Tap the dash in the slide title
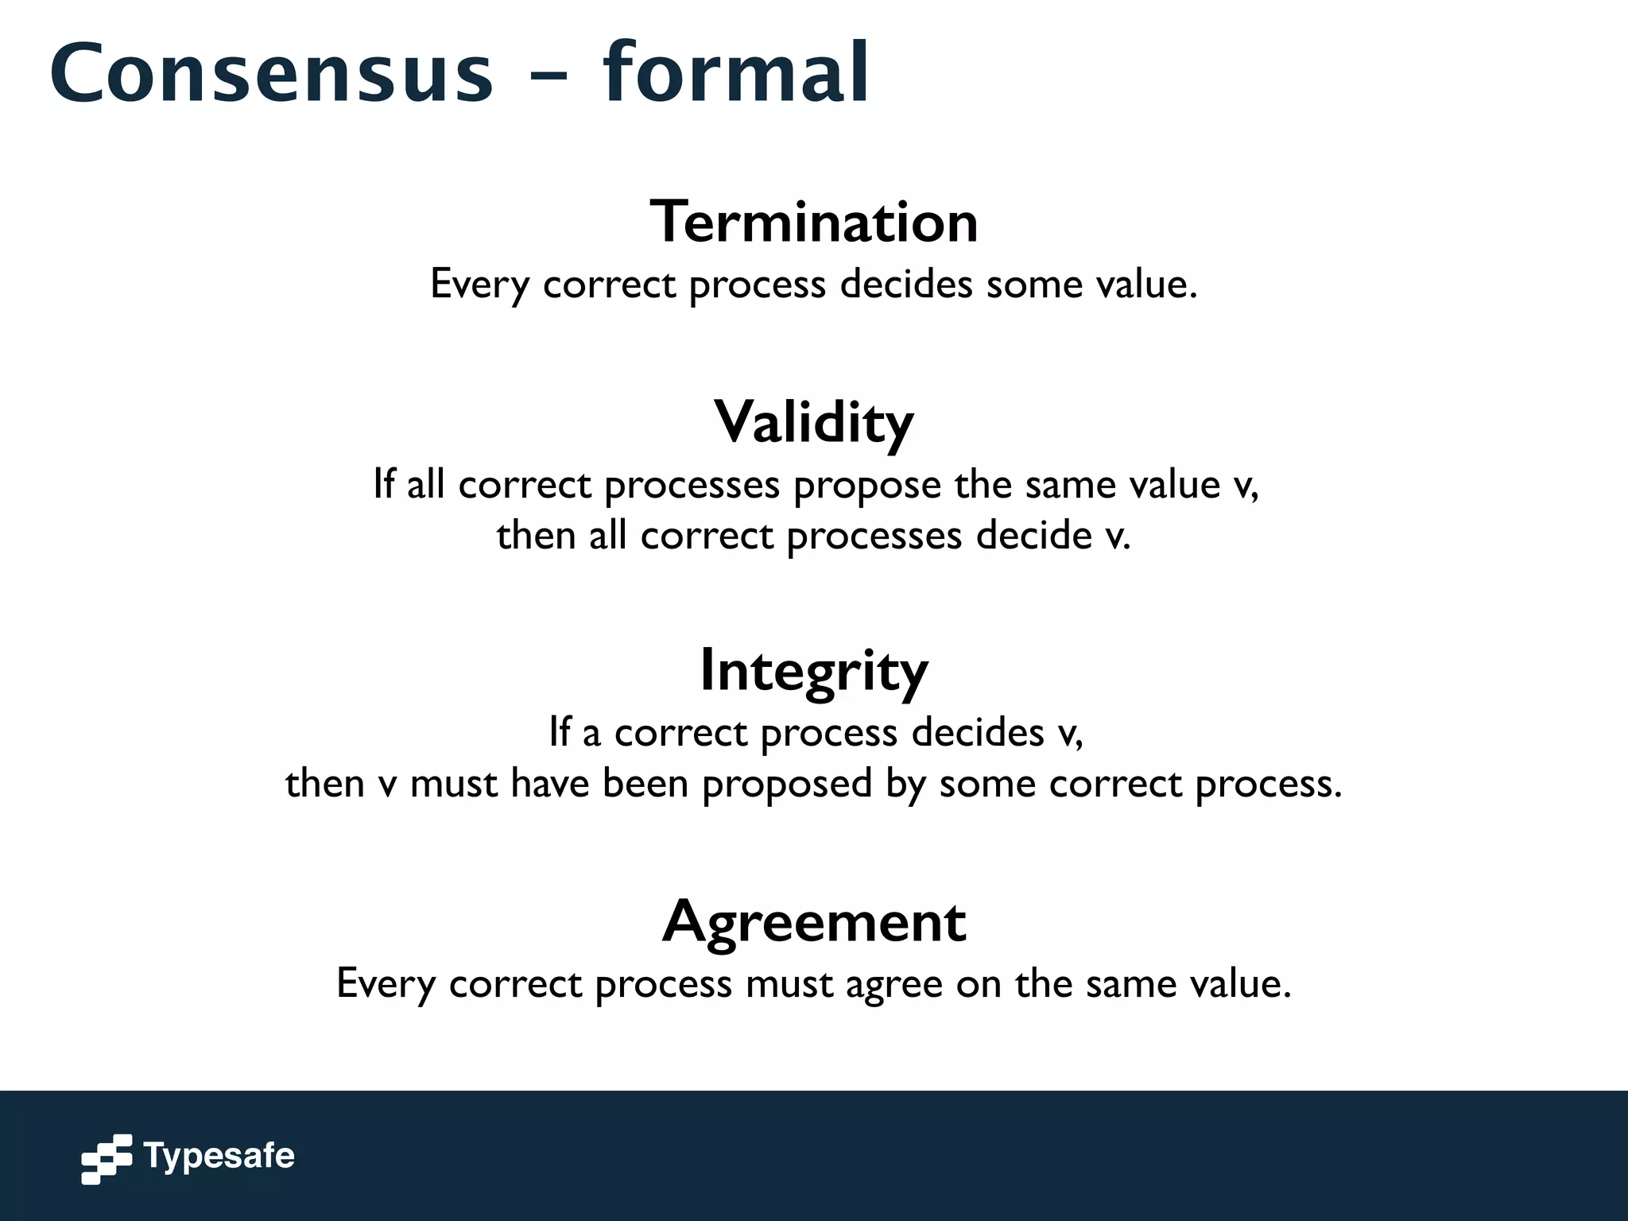546,76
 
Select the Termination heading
814,222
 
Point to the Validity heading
814,422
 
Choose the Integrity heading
814,671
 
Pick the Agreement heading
814,922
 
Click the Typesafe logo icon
107,1159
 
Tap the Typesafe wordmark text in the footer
219,1156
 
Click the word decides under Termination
906,284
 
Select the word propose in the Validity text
867,485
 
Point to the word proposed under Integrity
787,784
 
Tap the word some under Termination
1034,284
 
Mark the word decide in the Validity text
1034,535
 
